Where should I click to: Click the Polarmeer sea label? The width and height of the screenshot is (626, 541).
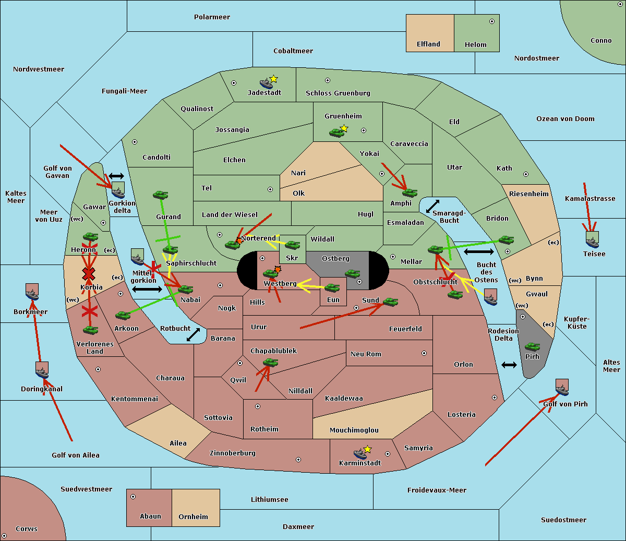click(x=212, y=17)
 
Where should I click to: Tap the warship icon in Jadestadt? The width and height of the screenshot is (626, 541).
click(x=266, y=83)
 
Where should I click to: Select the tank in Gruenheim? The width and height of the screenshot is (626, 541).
click(x=337, y=133)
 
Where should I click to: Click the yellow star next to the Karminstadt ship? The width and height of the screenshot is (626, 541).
click(x=367, y=449)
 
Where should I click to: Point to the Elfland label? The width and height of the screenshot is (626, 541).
click(x=428, y=44)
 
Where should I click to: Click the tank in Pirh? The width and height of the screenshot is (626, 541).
click(x=532, y=346)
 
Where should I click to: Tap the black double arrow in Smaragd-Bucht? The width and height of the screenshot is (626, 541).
click(x=432, y=206)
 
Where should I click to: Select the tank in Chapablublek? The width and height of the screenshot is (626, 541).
click(x=270, y=362)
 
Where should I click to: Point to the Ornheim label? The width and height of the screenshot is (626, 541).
click(x=193, y=516)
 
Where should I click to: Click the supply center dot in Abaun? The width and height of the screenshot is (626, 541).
click(x=133, y=497)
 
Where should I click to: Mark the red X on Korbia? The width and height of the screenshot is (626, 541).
click(x=89, y=274)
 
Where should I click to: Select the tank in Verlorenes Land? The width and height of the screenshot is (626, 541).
click(x=90, y=330)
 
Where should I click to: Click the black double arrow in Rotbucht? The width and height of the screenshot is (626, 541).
click(x=193, y=335)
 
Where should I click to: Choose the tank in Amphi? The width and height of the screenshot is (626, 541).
click(x=410, y=193)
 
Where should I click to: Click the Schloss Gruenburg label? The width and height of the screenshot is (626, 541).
click(x=338, y=93)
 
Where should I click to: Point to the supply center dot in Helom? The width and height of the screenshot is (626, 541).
click(x=492, y=21)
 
